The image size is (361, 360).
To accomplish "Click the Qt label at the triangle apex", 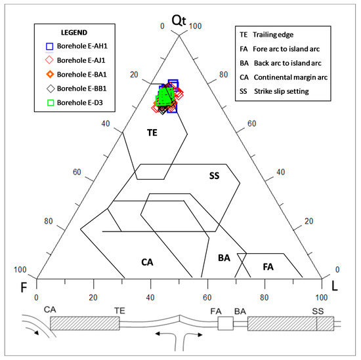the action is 179,20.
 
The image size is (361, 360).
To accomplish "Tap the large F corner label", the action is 24,287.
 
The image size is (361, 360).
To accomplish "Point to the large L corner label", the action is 334,286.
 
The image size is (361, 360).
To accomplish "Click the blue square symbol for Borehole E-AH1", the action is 49,47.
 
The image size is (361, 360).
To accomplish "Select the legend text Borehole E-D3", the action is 80,102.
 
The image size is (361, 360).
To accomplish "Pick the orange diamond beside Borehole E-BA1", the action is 50,74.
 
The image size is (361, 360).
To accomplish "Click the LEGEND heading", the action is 74,33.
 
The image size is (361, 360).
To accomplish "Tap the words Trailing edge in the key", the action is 273,35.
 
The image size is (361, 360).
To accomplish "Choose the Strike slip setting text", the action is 282,91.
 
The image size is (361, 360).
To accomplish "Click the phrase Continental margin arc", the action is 291,77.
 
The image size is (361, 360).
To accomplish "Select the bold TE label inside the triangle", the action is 152,132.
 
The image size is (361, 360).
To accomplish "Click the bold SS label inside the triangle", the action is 214,176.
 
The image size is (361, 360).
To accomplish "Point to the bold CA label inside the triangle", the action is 147,262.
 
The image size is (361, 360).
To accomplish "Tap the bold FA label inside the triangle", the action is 268,267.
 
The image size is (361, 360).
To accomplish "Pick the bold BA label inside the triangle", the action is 224,258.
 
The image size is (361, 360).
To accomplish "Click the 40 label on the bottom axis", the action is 150,298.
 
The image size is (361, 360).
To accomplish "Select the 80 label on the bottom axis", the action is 264,298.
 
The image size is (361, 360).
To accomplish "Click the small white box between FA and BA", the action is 225,323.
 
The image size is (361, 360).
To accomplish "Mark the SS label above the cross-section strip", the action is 318,311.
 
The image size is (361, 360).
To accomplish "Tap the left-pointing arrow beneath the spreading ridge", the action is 164,334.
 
